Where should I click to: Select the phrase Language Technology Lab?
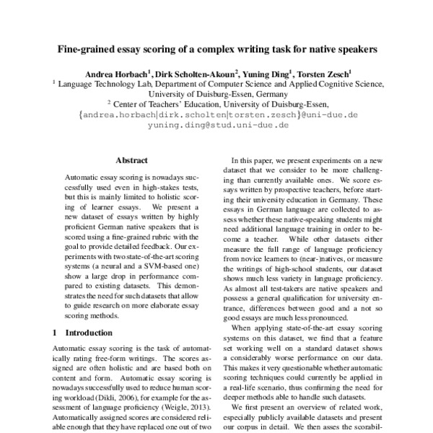[x=100, y=83]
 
